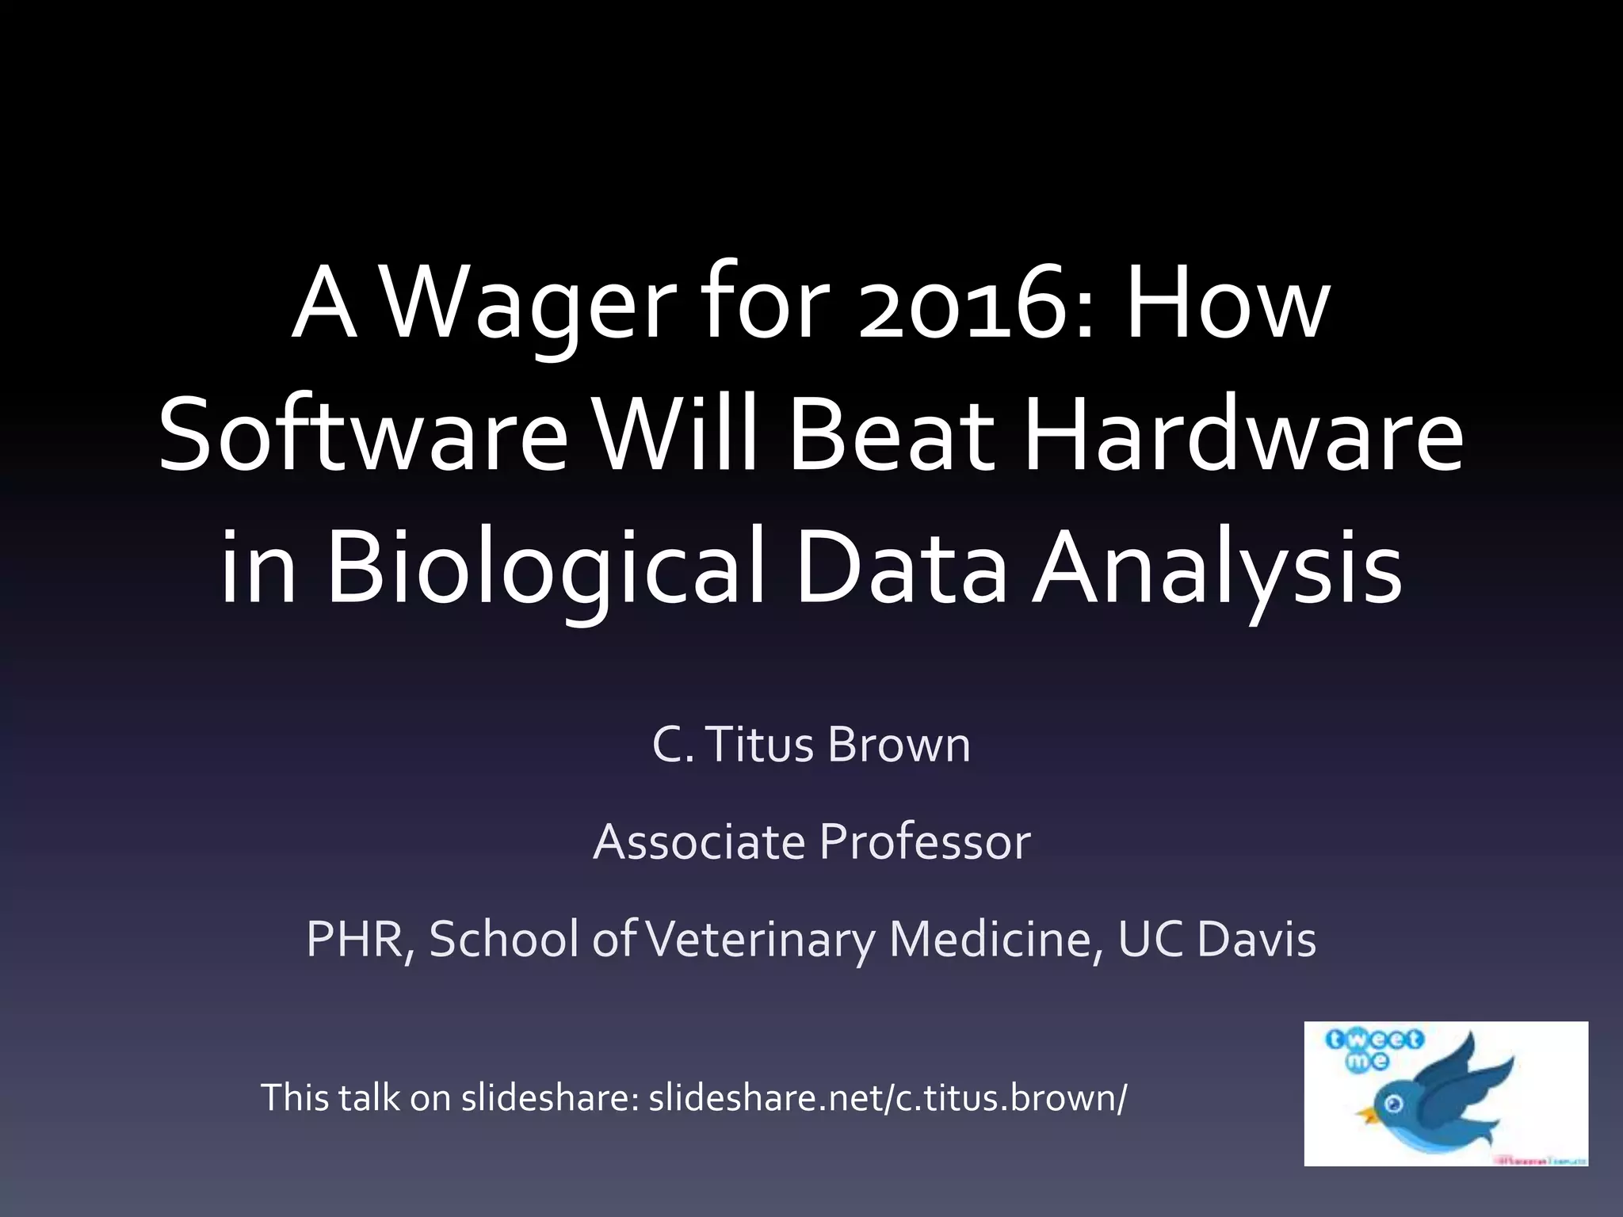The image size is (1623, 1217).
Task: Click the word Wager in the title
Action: click(x=529, y=306)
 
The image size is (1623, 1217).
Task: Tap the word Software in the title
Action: click(x=363, y=438)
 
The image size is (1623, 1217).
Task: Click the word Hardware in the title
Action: click(x=1243, y=438)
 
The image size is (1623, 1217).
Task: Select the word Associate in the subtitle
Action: click(x=698, y=841)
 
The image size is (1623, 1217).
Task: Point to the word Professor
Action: click(x=925, y=841)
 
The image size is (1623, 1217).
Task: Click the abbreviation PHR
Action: click(x=358, y=939)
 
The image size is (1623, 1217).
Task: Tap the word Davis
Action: click(x=1256, y=939)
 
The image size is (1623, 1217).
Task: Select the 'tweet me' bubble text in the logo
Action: click(x=1373, y=1049)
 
